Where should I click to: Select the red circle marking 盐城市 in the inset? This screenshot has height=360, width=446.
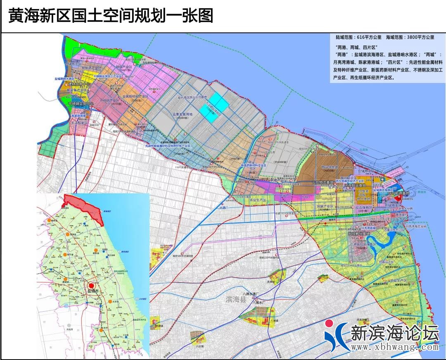click(92, 285)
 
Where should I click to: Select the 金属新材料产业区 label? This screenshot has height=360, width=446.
click(129, 96)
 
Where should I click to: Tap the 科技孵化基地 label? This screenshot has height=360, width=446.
click(358, 234)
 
